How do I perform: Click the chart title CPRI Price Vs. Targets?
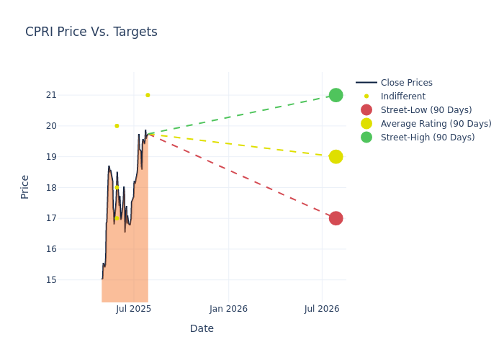(x=91, y=32)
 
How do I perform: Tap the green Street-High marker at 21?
(x=336, y=95)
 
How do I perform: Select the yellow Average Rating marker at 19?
(x=336, y=156)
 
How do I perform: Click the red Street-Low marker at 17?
(x=336, y=218)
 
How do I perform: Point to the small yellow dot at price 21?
(x=148, y=95)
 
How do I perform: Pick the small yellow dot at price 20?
(x=117, y=126)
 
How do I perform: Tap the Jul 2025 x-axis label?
(x=133, y=309)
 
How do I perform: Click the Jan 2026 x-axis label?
(x=228, y=309)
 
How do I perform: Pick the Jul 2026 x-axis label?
(x=322, y=309)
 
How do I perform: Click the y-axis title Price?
(x=25, y=186)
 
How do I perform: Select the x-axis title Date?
(x=202, y=329)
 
